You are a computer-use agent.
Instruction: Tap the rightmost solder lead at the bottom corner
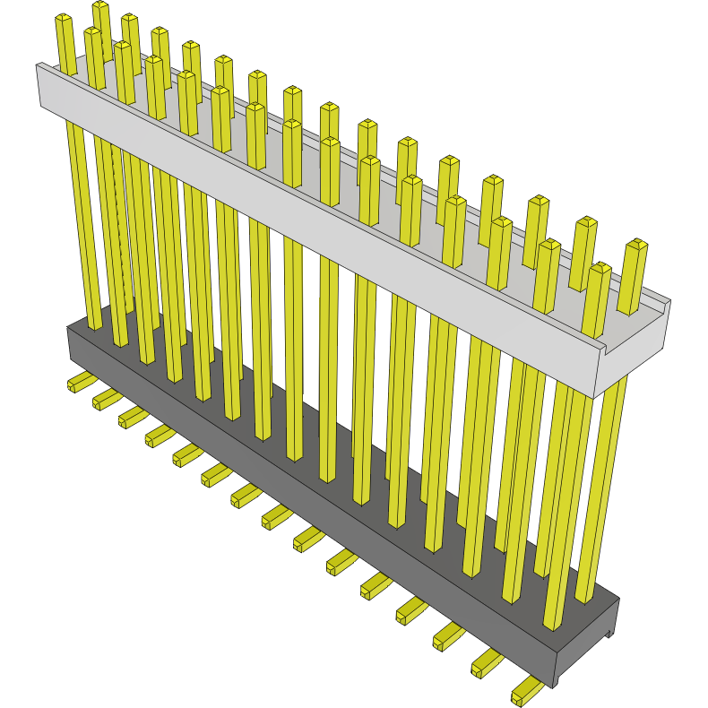coord(527,691)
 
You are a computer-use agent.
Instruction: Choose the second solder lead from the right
coord(487,663)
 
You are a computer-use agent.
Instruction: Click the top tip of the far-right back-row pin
coord(636,244)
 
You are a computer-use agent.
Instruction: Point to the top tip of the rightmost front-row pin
coord(600,268)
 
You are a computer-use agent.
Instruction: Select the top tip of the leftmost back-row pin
coord(100,6)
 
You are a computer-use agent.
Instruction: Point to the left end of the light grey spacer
coord(39,85)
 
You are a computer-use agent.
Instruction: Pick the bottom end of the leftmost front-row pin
coord(93,324)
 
